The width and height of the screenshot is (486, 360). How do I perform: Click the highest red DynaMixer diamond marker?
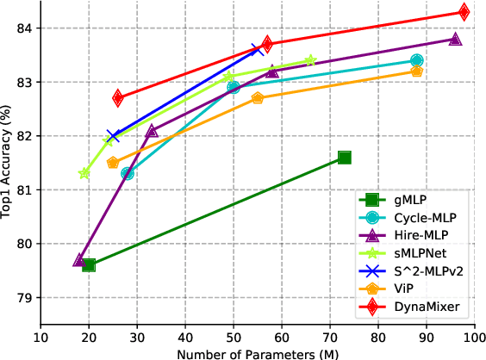coord(464,12)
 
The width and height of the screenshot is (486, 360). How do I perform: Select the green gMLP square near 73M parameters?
coord(345,157)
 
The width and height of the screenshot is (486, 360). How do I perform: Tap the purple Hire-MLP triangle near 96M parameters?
coord(455,39)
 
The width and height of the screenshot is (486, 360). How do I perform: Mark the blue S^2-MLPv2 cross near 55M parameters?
coord(257,49)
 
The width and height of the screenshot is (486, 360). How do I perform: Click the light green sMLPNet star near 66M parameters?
coord(310,60)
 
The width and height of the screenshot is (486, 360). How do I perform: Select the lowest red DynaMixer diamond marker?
coord(117,98)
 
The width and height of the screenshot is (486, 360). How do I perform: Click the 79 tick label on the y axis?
coord(23,298)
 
